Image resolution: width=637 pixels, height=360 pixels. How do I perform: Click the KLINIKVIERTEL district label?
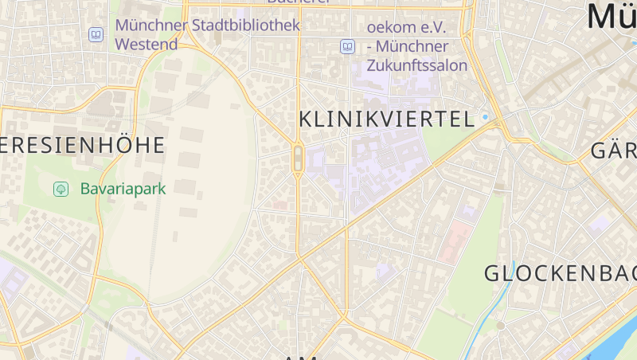click(386, 120)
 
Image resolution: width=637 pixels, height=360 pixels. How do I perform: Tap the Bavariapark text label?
click(123, 190)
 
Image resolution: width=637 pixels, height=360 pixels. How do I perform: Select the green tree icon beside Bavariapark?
click(60, 190)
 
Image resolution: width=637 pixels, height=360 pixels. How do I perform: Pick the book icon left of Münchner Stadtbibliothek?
click(96, 35)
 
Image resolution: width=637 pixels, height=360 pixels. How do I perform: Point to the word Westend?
click(147, 45)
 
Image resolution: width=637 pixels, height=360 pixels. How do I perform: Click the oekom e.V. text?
click(406, 27)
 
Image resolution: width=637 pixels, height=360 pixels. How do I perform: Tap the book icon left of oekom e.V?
click(347, 46)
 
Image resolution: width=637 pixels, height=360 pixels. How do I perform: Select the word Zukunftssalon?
click(417, 65)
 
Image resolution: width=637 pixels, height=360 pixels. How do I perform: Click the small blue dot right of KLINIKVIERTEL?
click(485, 118)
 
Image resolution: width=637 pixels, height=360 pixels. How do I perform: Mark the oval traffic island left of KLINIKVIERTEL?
click(298, 158)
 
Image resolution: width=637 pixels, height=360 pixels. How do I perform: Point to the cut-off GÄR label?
click(613, 151)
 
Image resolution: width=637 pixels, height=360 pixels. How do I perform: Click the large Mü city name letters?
click(612, 16)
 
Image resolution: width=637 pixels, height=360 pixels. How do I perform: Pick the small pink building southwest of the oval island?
click(279, 205)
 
